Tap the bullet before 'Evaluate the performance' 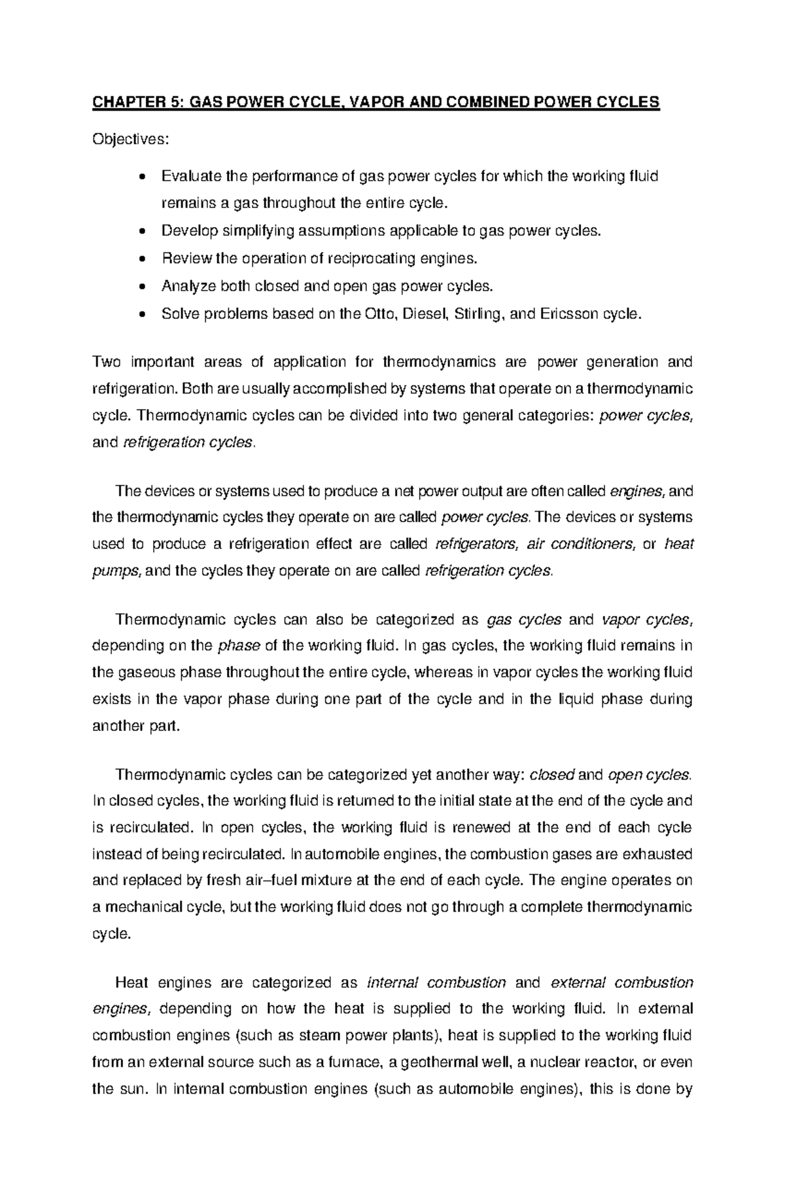143,177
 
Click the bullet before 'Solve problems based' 143,314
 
